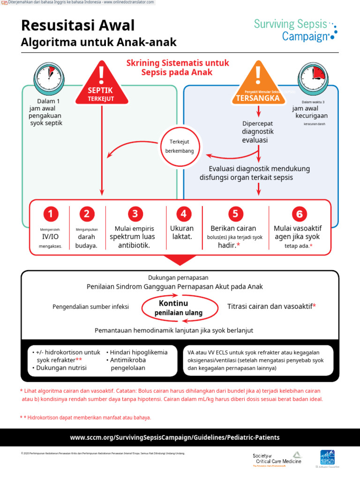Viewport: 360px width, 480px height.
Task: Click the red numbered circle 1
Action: pos(51,214)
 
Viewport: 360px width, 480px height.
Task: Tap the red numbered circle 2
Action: pos(86,214)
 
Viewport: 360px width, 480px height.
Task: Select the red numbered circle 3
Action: pos(135,214)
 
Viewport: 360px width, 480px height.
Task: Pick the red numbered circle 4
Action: pos(184,214)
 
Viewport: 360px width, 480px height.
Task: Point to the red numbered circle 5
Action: pos(235,214)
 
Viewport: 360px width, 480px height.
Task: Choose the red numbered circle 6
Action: pos(299,214)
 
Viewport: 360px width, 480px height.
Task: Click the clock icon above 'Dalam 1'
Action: pos(47,75)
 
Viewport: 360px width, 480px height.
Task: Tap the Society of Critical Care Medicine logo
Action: pos(277,458)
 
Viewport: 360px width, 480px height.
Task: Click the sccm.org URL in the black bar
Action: pos(175,437)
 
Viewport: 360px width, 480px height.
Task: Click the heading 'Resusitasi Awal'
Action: pos(78,25)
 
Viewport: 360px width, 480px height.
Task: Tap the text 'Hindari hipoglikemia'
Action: pos(137,352)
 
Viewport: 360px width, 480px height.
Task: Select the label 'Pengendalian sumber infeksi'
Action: pos(90,307)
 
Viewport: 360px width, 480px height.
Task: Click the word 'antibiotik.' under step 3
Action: pos(134,245)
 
